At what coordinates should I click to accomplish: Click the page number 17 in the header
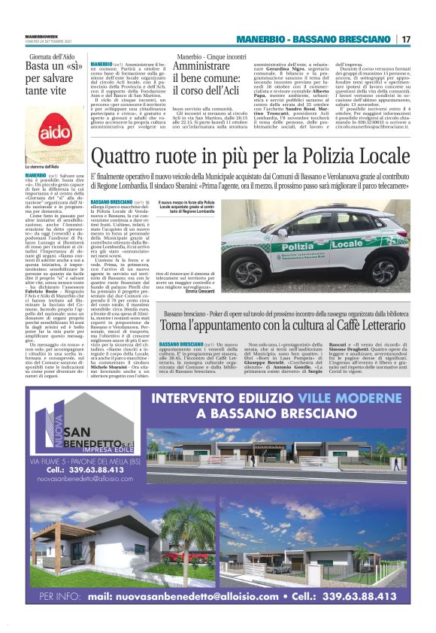coord(406,39)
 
